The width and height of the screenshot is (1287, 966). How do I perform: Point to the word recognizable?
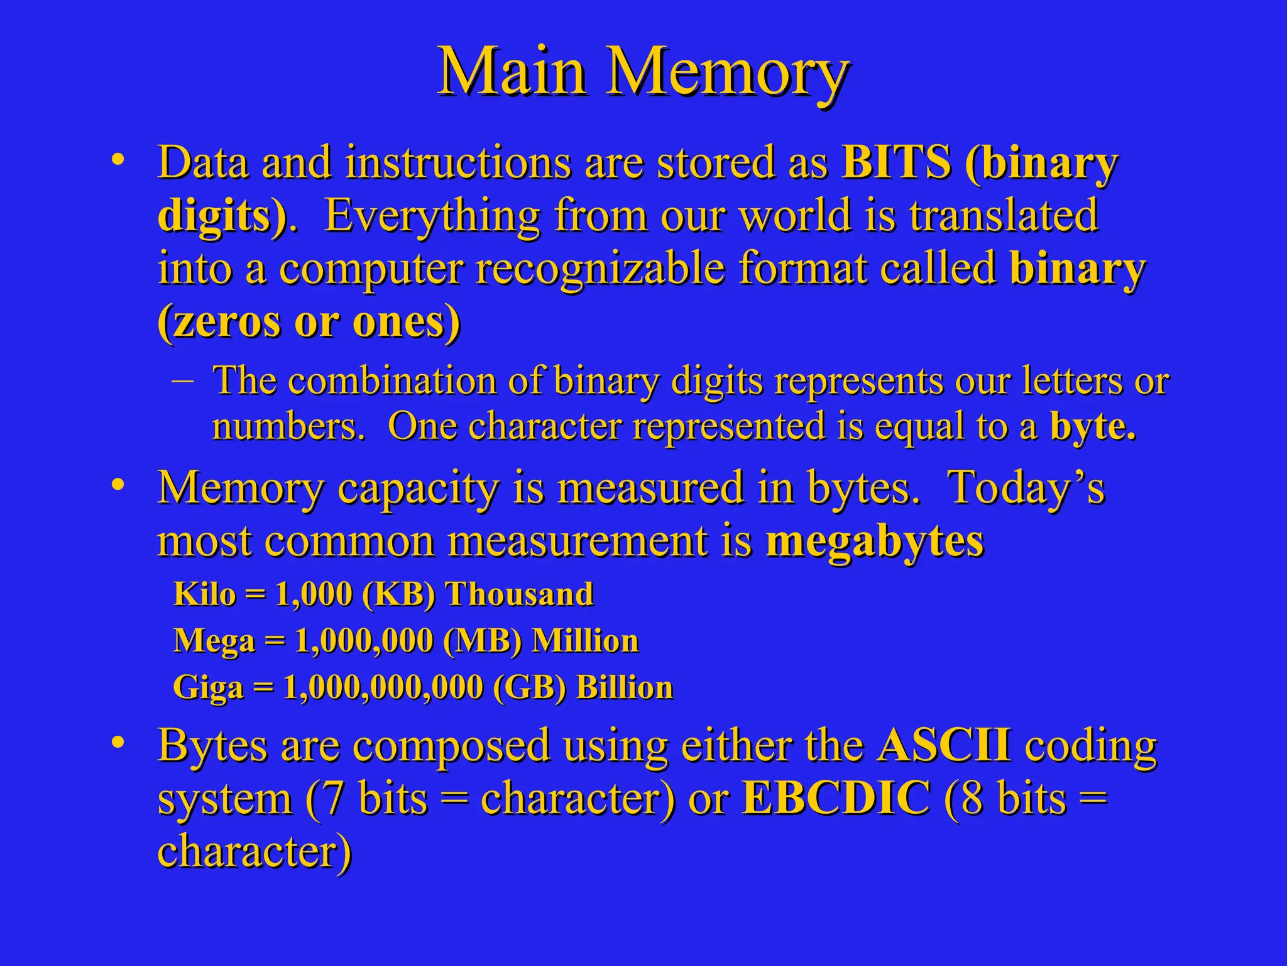[600, 269]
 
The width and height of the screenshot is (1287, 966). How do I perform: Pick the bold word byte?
[1093, 427]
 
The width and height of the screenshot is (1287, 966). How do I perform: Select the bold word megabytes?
[875, 542]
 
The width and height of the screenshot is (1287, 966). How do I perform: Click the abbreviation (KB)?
[399, 594]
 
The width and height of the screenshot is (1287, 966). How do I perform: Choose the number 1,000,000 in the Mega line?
[364, 641]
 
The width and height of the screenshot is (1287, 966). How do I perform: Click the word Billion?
[625, 687]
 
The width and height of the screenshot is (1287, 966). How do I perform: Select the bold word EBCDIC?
[836, 798]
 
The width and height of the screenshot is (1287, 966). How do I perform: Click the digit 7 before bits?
[333, 799]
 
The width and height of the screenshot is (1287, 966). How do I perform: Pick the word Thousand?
[519, 594]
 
